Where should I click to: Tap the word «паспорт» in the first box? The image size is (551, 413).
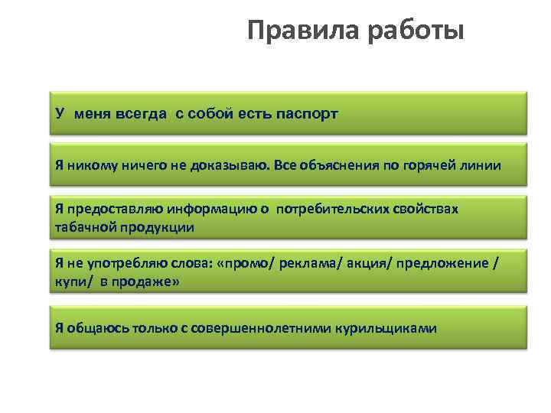(x=304, y=114)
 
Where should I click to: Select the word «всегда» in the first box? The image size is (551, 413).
(x=141, y=114)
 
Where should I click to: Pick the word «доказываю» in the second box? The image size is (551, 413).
(x=216, y=165)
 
